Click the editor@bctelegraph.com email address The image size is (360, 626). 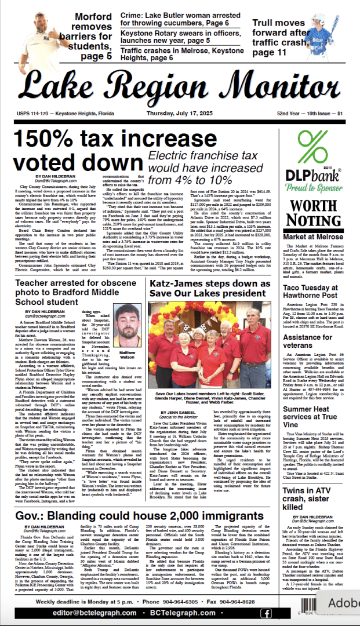coord(88,613)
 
